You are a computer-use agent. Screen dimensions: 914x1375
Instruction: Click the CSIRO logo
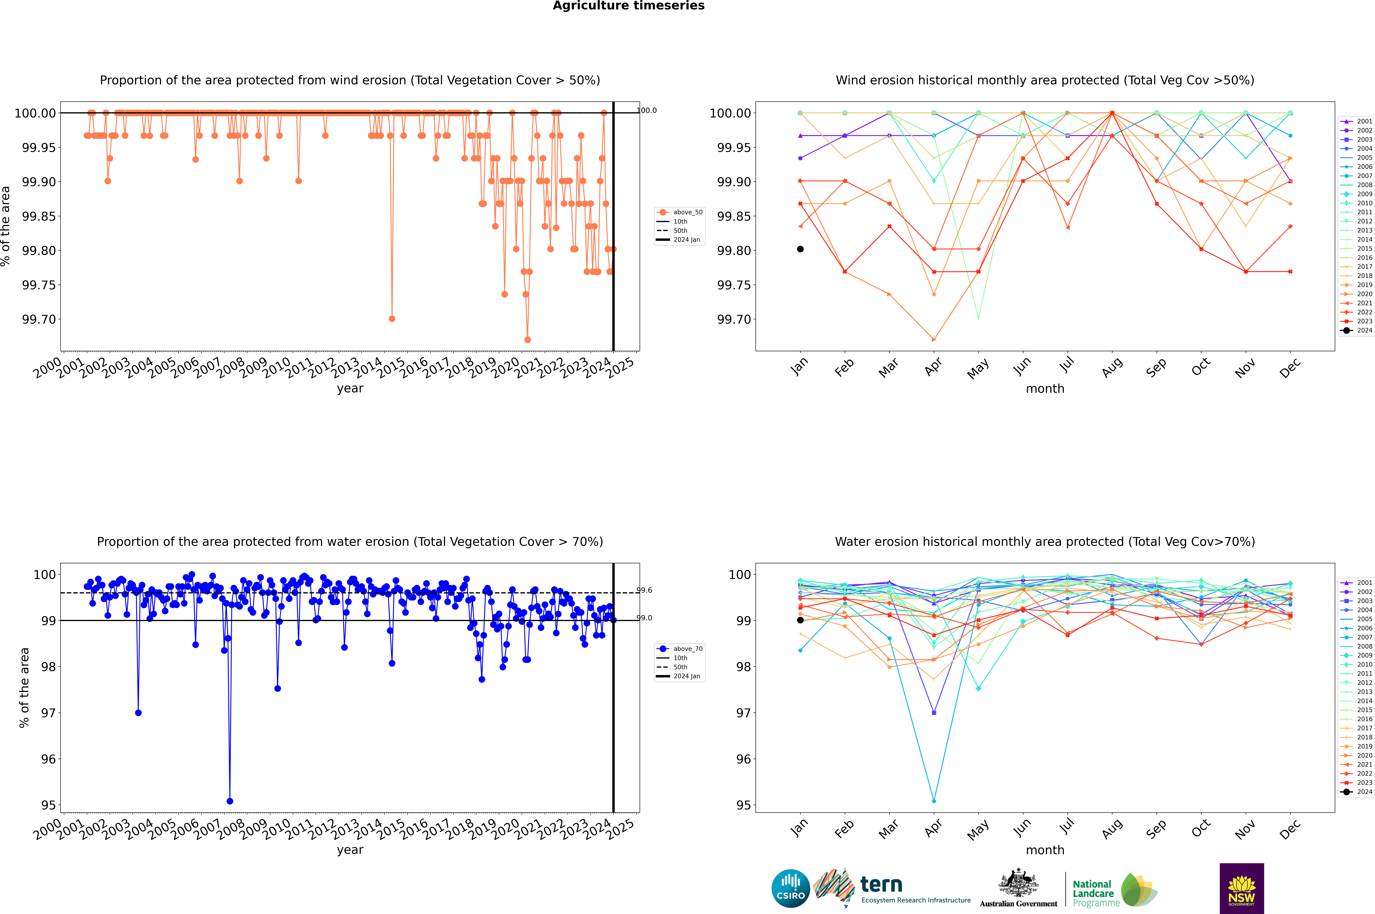coord(790,888)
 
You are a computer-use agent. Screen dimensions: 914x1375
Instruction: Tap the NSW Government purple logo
coord(1241,888)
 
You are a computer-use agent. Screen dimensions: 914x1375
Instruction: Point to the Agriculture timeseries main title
coord(628,6)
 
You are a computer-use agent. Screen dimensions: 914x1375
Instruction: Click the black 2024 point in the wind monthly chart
coord(800,249)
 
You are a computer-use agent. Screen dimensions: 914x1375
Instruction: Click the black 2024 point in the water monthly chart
coord(800,620)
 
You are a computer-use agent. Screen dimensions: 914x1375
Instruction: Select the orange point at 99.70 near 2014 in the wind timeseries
coord(392,319)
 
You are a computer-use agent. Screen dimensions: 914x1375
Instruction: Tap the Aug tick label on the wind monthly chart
coord(1112,367)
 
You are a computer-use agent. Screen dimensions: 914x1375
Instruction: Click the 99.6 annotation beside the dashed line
coord(644,591)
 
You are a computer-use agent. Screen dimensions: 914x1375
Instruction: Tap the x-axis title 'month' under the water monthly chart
coord(1044,850)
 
